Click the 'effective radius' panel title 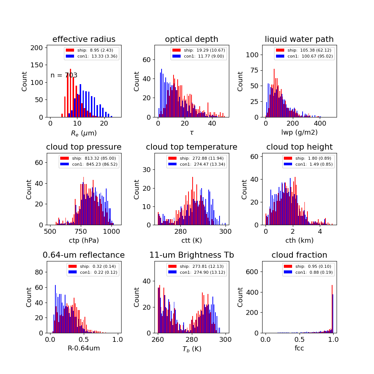click(84, 39)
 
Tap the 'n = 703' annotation click(64, 75)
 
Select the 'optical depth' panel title click(191, 39)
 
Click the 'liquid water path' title click(299, 39)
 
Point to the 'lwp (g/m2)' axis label click(299, 132)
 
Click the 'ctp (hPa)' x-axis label click(84, 240)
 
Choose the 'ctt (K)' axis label click(191, 240)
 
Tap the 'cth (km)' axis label click(299, 240)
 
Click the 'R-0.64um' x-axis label click(84, 348)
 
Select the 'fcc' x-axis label click(299, 348)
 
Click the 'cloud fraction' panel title click(299, 255)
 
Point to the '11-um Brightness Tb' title click(191, 255)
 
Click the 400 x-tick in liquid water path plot click(320, 123)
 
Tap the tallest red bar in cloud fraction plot click(332, 309)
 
